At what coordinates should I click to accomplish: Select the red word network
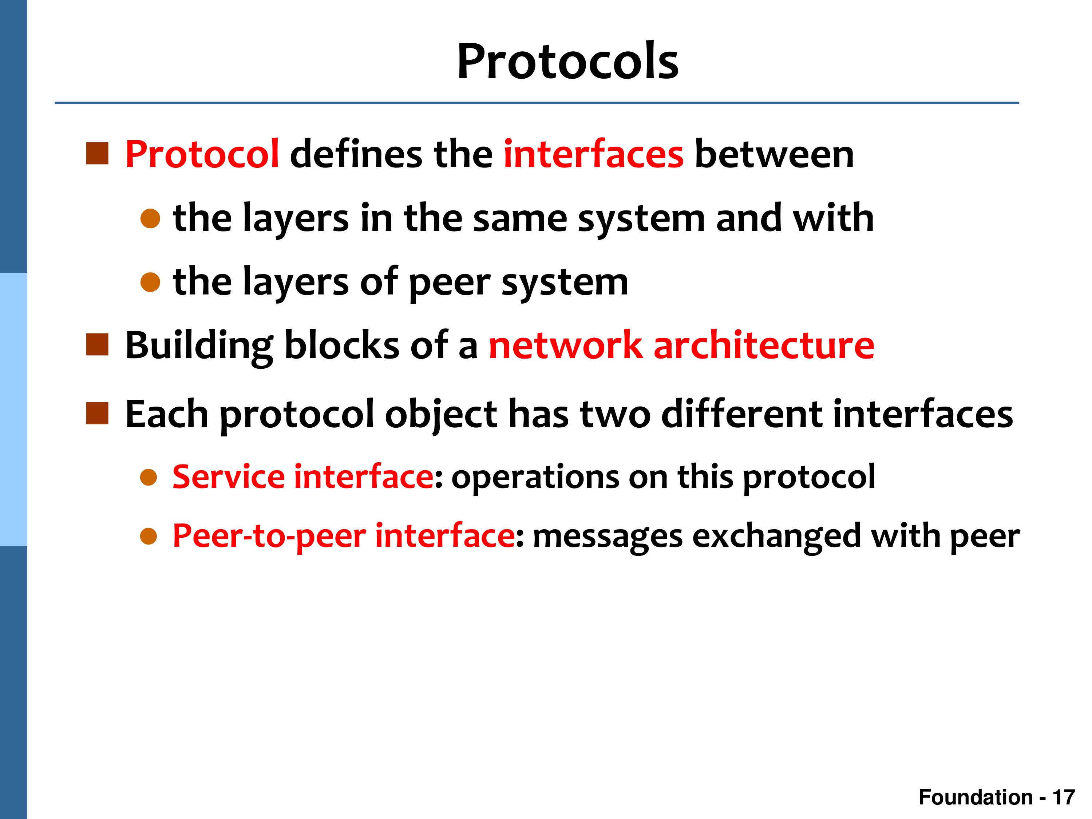point(566,345)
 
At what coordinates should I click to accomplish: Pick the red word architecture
point(764,345)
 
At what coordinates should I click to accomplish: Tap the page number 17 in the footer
point(1064,797)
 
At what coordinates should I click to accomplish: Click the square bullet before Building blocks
point(97,345)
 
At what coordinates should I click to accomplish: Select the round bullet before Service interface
point(149,477)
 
